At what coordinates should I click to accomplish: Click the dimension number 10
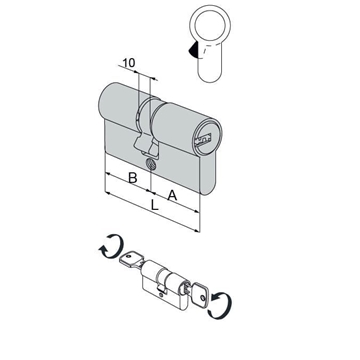click(128, 63)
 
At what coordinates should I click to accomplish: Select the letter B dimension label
click(133, 178)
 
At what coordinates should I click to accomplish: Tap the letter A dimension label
click(172, 195)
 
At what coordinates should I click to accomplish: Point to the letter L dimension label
click(154, 205)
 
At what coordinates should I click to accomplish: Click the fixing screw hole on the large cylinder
click(150, 164)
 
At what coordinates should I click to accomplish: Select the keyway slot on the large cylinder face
click(203, 139)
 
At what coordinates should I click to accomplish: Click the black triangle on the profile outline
click(193, 50)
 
